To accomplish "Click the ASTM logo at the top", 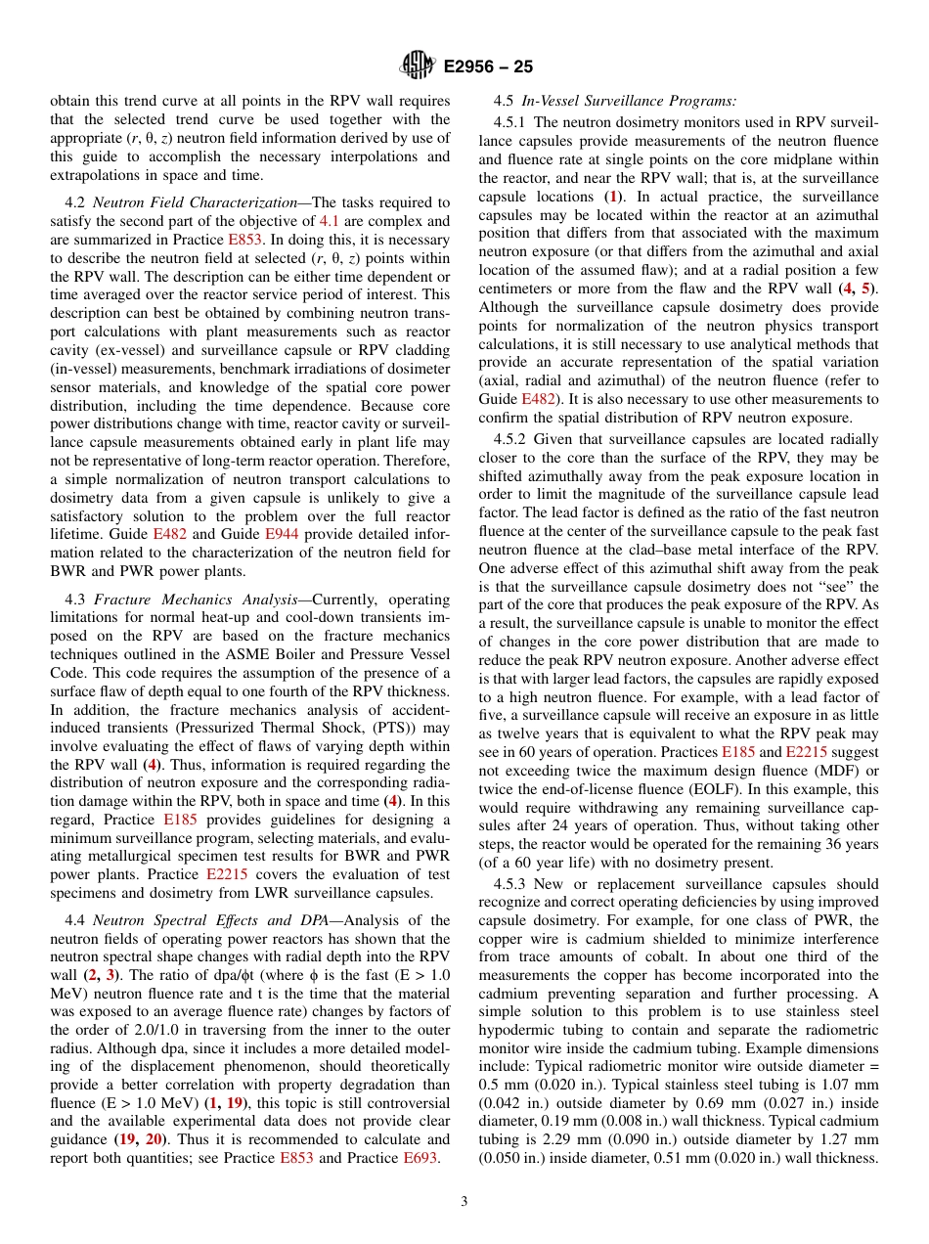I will click(418, 67).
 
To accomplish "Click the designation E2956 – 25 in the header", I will click(488, 67).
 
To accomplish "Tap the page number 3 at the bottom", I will click(464, 1201).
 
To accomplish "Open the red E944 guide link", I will click(282, 535).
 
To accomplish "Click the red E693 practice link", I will click(421, 1159).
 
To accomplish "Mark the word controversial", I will click(403, 1103).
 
